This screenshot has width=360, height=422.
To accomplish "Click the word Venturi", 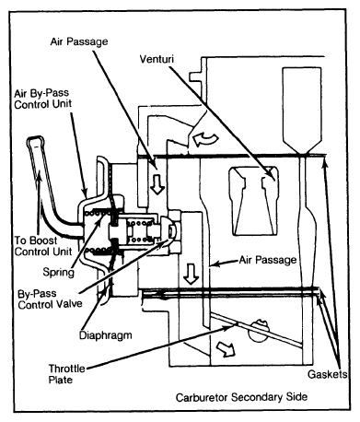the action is pyautogui.click(x=157, y=59).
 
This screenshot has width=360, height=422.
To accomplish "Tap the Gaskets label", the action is pyautogui.click(x=327, y=374).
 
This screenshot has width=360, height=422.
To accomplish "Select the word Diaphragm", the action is pyautogui.click(x=106, y=335).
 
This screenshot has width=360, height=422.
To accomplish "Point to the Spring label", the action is pyautogui.click(x=58, y=272).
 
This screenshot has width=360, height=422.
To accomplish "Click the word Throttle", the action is pyautogui.click(x=67, y=369).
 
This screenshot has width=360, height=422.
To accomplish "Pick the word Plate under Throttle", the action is pyautogui.click(x=61, y=380).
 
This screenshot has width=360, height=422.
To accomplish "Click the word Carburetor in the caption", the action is pyautogui.click(x=202, y=397).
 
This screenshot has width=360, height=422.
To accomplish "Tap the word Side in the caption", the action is pyautogui.click(x=296, y=397).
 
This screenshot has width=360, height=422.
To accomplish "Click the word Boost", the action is pyautogui.click(x=43, y=240).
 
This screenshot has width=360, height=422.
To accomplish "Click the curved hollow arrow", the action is pyautogui.click(x=205, y=138).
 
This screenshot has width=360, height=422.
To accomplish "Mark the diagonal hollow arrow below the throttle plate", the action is pyautogui.click(x=226, y=349).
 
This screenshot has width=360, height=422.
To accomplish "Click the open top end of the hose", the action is pyautogui.click(x=35, y=140).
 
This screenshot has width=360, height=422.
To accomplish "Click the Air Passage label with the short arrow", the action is pyautogui.click(x=268, y=260).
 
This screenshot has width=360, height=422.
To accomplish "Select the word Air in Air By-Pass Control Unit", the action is pyautogui.click(x=21, y=93).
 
